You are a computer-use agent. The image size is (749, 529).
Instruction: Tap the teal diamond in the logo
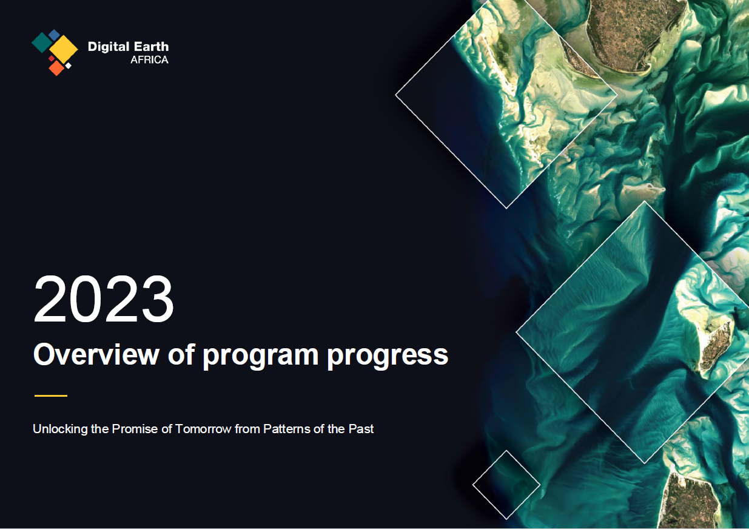tap(42, 42)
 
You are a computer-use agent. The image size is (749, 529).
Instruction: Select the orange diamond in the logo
tap(56, 68)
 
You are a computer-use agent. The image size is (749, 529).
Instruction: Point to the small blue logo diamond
tap(54, 35)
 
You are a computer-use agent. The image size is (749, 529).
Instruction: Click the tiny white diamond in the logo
tap(68, 66)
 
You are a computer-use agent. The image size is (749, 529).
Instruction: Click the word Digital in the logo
tap(109, 47)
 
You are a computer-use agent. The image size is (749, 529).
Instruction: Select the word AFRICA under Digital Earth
tap(149, 60)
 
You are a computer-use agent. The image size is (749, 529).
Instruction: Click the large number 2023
tap(104, 299)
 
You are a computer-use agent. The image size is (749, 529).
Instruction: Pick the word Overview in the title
tap(96, 354)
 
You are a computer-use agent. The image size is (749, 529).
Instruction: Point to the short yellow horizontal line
tap(51, 396)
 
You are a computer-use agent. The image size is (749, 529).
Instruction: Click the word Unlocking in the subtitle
tap(60, 429)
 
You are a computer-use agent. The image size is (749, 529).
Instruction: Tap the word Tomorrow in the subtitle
tap(203, 429)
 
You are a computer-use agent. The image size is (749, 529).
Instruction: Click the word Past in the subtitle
tap(361, 429)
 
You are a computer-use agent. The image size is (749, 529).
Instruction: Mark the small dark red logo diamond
tap(52, 59)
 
